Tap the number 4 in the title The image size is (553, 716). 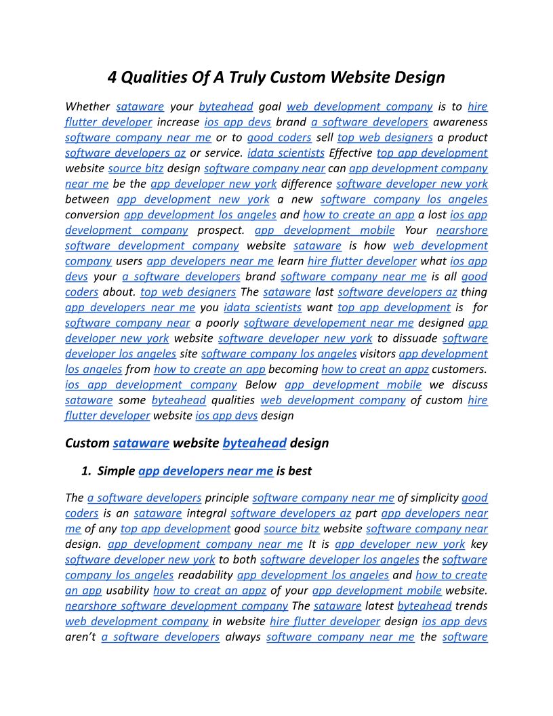click(x=113, y=77)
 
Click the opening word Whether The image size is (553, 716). click(x=87, y=106)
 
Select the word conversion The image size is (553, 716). click(x=92, y=214)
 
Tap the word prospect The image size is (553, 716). click(x=221, y=230)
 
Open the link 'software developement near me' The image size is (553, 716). click(x=329, y=323)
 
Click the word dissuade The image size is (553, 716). click(x=415, y=338)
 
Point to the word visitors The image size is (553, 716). click(x=377, y=353)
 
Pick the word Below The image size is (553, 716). click(x=261, y=384)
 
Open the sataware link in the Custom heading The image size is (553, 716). click(x=141, y=443)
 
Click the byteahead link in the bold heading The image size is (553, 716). click(x=254, y=443)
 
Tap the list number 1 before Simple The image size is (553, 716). click(x=85, y=471)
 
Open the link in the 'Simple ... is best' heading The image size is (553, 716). click(x=205, y=471)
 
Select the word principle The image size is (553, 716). click(x=226, y=498)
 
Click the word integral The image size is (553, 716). click(x=206, y=513)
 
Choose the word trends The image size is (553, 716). click(x=472, y=605)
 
